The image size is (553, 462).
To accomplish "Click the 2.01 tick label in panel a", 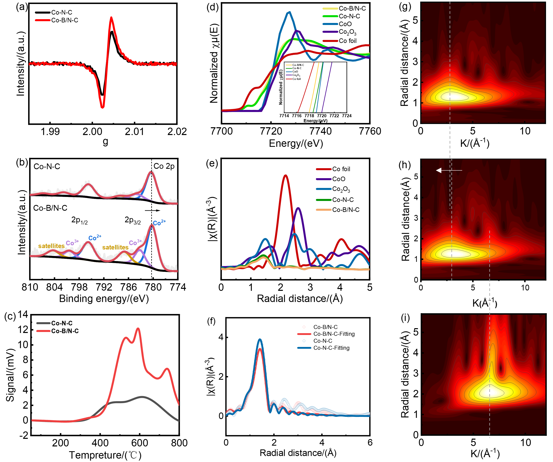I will point(134,131).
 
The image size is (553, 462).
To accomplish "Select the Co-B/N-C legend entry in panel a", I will point(64,20).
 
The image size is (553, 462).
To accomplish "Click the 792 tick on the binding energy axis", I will point(104,287).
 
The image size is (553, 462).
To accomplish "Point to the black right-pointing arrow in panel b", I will point(152,211).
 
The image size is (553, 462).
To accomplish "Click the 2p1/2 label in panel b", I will point(79,220).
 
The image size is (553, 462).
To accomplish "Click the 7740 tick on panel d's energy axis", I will point(321,131).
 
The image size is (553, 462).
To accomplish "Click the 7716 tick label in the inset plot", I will point(297,116).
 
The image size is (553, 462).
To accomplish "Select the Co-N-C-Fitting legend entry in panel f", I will point(331,348).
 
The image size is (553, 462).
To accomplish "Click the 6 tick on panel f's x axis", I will point(370,442).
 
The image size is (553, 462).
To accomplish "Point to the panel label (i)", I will point(405,318).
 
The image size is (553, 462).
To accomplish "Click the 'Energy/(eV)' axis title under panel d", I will point(296,143).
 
